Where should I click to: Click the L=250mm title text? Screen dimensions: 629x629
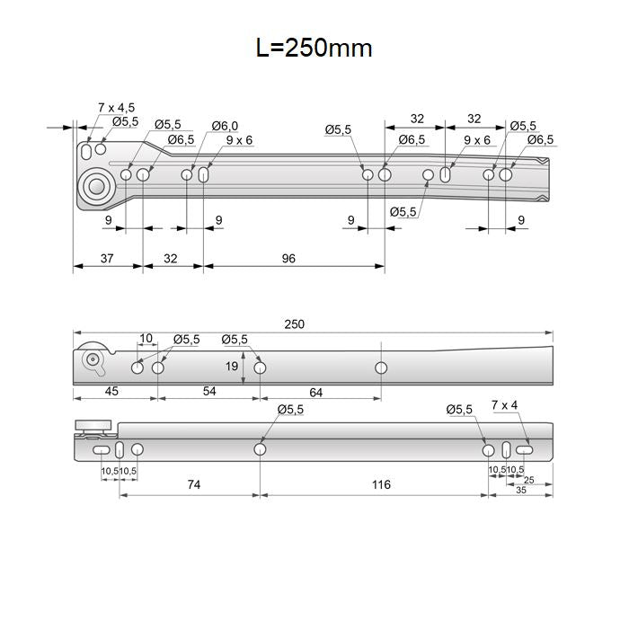point(314,48)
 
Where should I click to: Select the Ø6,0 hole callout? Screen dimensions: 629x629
point(226,126)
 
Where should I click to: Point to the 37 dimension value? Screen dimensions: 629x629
point(106,259)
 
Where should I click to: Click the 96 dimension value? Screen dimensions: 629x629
point(288,259)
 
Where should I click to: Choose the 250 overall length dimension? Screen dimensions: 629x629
point(295,324)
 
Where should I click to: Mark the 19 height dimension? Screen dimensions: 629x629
point(232,367)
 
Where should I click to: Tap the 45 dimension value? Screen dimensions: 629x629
point(111,392)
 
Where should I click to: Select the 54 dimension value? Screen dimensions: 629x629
point(208,392)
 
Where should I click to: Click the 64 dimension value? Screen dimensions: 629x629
point(315,392)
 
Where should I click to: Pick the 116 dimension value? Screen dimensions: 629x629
point(380,485)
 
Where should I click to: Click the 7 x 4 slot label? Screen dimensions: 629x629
point(504,405)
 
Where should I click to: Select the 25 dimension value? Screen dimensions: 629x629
point(528,480)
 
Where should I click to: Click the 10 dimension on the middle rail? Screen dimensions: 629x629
point(146,339)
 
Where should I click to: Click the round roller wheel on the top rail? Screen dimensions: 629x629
point(96,187)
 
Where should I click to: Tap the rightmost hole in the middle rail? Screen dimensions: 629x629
point(381,368)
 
